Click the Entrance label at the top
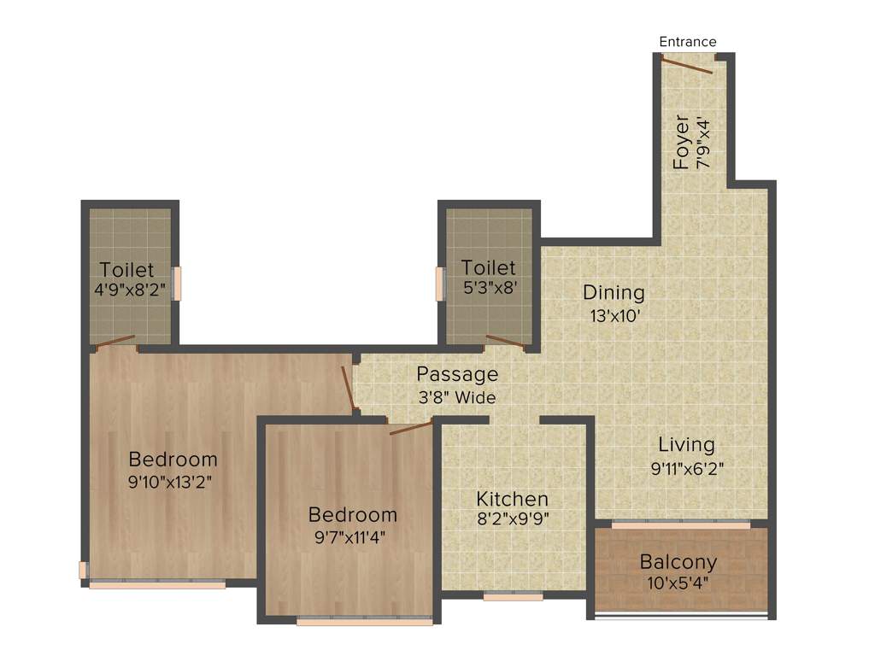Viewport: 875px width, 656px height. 688,42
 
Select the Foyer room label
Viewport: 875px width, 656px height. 681,142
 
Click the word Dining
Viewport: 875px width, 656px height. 614,292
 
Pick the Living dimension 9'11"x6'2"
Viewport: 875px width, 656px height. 687,467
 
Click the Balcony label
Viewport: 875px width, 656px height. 678,562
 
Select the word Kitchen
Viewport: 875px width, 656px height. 513,499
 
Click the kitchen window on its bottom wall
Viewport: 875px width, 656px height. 513,597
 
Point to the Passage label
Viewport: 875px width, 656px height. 457,374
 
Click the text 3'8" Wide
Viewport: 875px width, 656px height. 457,397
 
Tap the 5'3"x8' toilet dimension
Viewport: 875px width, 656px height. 489,288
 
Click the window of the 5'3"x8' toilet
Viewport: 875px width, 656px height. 441,284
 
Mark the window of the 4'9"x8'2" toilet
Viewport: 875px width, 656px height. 177,284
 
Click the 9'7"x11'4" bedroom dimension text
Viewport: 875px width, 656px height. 352,537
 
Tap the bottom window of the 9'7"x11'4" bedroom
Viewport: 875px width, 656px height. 365,621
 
